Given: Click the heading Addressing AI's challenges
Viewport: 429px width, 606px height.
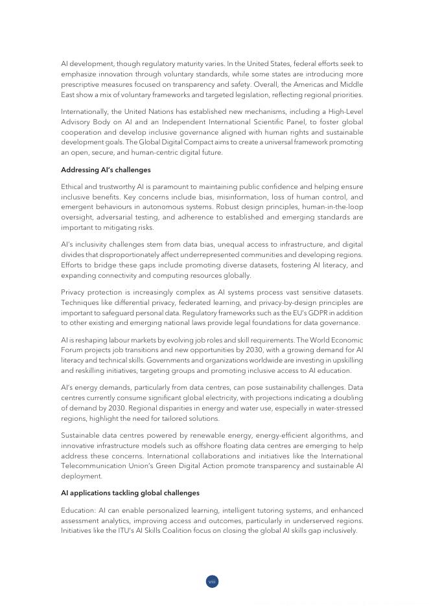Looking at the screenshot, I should click(x=106, y=170).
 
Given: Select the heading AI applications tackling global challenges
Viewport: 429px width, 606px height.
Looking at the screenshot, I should click(x=130, y=493).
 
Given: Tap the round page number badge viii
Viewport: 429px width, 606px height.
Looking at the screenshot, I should click(x=212, y=581).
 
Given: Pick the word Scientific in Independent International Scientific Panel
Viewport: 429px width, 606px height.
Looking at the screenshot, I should click(x=294, y=122).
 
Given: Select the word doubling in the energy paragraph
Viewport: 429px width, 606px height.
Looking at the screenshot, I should click(x=347, y=398).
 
